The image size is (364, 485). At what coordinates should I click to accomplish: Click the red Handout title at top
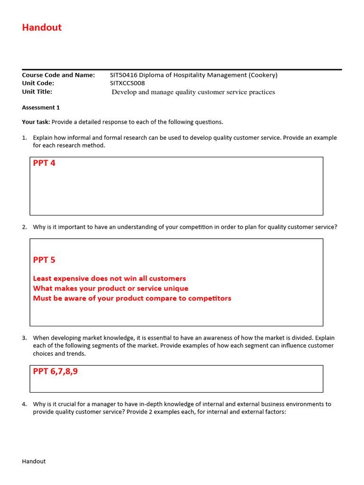(42, 27)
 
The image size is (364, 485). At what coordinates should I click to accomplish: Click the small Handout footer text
(34, 461)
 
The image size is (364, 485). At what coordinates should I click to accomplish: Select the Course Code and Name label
(58, 75)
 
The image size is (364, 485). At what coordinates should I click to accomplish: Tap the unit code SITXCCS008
(127, 83)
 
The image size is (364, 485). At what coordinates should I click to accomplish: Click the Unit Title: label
(37, 91)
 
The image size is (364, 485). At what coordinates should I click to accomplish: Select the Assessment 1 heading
(41, 108)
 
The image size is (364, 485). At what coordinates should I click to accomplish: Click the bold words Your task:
(36, 122)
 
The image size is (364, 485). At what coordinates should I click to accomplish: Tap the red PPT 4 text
(44, 163)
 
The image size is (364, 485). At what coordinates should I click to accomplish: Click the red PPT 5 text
(44, 260)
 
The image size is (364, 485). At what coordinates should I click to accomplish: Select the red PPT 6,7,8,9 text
(55, 372)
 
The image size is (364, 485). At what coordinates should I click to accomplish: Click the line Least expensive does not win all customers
(109, 278)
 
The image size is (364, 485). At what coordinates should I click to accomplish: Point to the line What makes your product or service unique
(110, 288)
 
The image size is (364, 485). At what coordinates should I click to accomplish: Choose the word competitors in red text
(209, 298)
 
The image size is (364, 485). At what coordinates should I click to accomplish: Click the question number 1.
(24, 138)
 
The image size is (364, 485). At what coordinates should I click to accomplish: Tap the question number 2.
(24, 227)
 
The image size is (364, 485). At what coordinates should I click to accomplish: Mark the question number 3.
(24, 338)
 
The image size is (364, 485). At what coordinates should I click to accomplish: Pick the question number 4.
(24, 404)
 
